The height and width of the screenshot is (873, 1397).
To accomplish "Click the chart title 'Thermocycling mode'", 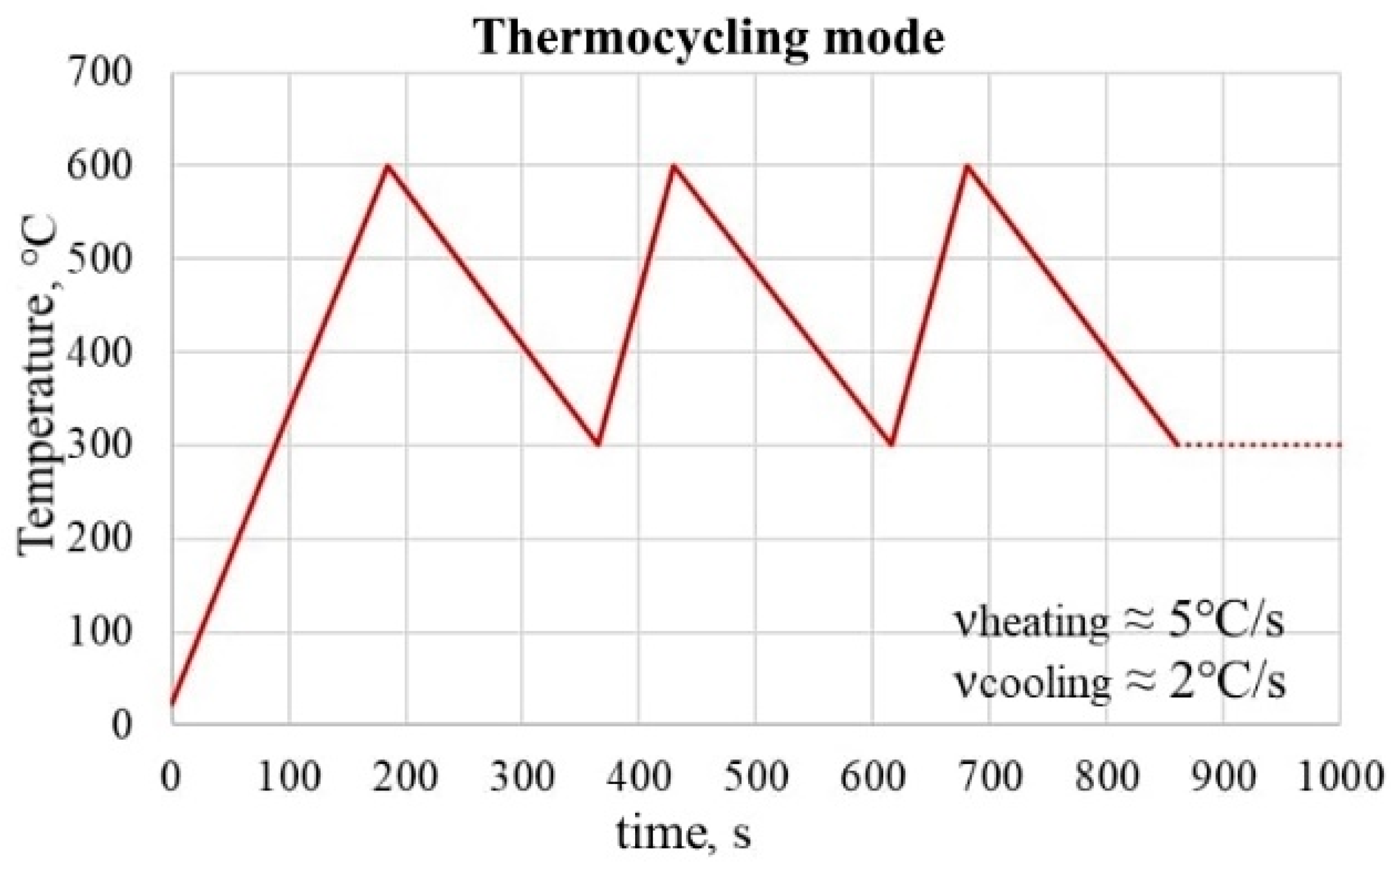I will point(709,37).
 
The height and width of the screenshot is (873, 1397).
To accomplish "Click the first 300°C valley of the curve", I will point(597,444).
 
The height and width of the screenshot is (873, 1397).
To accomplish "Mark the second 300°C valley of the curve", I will point(891,444).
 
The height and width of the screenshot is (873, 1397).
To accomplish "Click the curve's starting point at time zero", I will point(172,704).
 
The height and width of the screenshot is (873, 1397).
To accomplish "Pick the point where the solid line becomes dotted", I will point(1177,445).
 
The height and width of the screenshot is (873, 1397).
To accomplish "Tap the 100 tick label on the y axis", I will point(99,633).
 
